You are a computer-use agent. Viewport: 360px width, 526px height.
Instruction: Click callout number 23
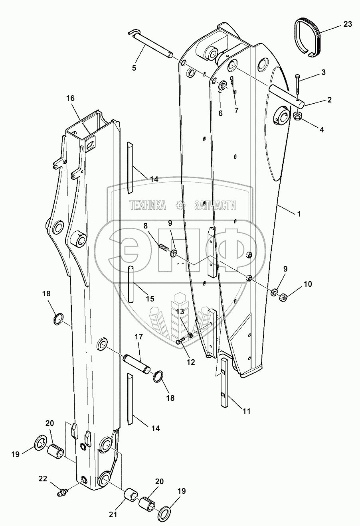(348, 24)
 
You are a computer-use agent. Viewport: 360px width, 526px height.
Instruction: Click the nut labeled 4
(298, 116)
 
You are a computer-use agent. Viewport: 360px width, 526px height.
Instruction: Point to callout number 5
(134, 68)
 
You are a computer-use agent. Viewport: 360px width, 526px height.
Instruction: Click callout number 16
(71, 98)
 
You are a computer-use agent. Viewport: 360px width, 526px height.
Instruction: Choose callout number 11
(247, 411)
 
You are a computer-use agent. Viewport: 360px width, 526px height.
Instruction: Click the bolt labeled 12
(181, 341)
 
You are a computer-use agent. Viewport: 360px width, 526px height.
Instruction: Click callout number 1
(298, 214)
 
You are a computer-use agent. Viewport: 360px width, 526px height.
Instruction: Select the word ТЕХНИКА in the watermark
(147, 205)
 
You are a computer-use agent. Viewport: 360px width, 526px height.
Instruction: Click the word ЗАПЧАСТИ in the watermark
(215, 205)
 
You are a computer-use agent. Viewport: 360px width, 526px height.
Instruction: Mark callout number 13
(180, 311)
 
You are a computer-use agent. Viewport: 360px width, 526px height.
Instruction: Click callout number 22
(43, 479)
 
